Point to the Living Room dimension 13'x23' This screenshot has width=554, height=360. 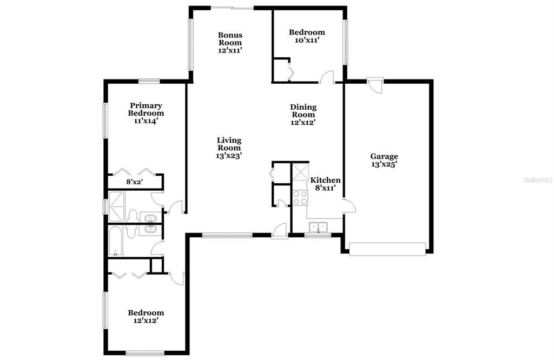click(229, 155)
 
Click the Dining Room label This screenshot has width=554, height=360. click(304, 111)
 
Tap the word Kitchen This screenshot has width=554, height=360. click(325, 180)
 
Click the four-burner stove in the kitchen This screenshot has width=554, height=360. click(300, 198)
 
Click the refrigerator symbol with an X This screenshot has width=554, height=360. click(300, 173)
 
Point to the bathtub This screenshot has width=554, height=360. click(116, 242)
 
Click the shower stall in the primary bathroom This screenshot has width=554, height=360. click(117, 206)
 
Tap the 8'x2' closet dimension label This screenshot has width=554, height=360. click(135, 182)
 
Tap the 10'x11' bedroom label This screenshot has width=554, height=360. click(307, 40)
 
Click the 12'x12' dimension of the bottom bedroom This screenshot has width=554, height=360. click(146, 321)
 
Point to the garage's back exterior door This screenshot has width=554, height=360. click(375, 84)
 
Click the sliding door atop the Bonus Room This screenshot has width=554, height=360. click(231, 8)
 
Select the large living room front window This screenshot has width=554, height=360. click(227, 235)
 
